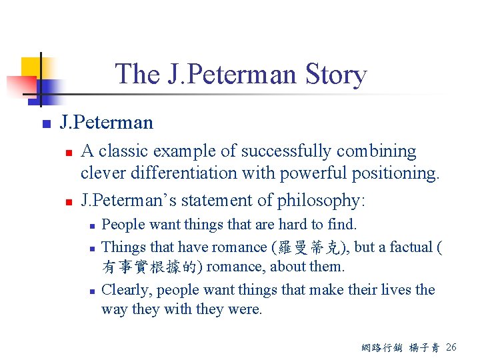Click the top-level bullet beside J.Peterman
click(45, 124)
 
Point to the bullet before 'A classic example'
click(67, 153)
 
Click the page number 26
click(451, 347)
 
